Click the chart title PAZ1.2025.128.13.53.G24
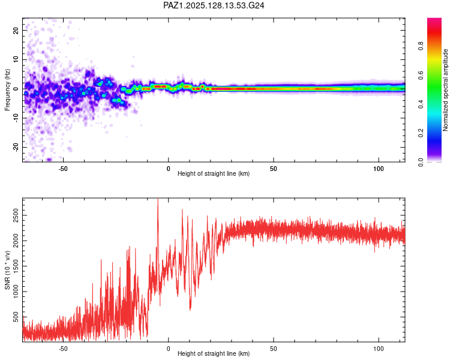[214, 5]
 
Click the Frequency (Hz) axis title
[7, 90]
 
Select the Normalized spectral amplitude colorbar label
[445, 90]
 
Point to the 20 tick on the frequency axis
[16, 30]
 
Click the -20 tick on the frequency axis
[16, 147]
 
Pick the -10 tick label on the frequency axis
[16, 118]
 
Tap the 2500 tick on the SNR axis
[16, 215]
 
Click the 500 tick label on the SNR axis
[16, 317]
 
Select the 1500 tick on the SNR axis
[16, 266]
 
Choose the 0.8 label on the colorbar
[421, 46]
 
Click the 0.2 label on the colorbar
[421, 133]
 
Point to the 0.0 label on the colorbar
[421, 162]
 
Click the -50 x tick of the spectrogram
[63, 169]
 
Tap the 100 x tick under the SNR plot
[379, 349]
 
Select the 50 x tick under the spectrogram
[274, 169]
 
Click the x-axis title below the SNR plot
[214, 353]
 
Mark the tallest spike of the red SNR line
[158, 199]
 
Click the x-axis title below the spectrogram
[214, 173]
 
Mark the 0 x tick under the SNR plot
[169, 349]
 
